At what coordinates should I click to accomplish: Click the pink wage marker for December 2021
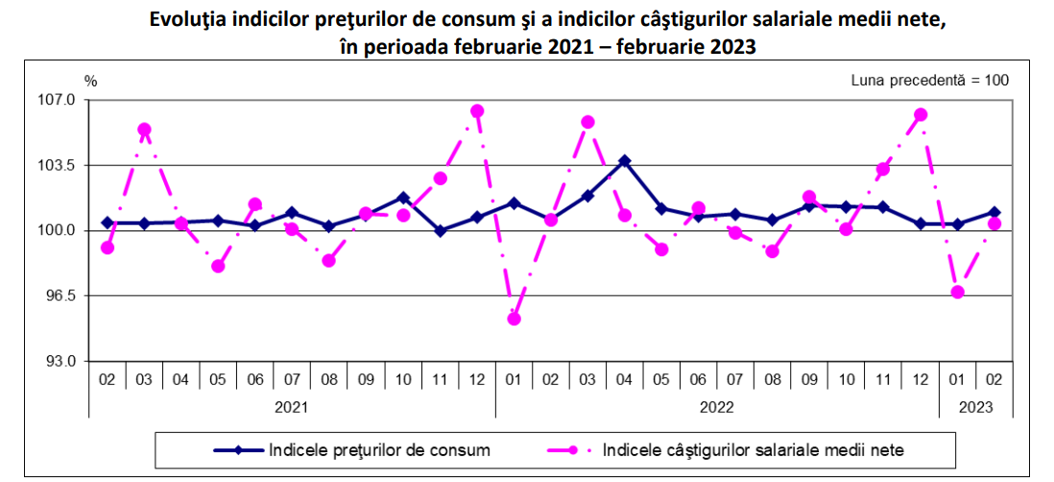tap(477, 111)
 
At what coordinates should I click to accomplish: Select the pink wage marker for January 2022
tap(514, 319)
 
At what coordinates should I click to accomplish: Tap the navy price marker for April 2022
tap(624, 161)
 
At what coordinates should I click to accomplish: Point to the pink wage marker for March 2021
tap(144, 130)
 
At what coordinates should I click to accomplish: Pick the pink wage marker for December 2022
tap(921, 115)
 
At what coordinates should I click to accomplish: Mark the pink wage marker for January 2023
tap(957, 292)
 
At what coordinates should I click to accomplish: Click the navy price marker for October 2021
tap(403, 198)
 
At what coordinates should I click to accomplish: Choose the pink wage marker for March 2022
tap(587, 122)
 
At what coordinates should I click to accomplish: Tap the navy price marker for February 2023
tap(994, 212)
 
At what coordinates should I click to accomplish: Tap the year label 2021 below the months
tap(292, 406)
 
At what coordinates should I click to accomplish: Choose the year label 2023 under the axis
tap(976, 406)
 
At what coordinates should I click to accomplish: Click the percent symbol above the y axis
tap(91, 80)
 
